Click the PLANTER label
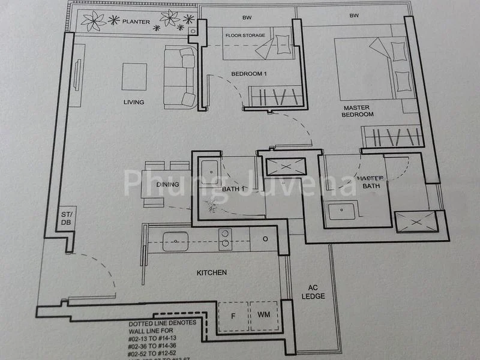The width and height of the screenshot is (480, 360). (x=136, y=22)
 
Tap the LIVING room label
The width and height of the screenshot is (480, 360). (x=134, y=102)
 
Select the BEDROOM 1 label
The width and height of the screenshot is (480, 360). (x=249, y=74)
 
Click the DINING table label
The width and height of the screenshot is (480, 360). (x=167, y=185)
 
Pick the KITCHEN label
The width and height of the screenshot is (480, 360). (x=212, y=273)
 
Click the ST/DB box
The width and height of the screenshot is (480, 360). (x=65, y=218)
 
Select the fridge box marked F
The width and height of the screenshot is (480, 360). (x=233, y=315)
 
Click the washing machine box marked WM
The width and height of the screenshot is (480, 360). (x=264, y=315)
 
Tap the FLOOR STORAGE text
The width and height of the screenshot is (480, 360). (x=245, y=35)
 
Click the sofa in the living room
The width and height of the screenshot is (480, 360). (x=180, y=77)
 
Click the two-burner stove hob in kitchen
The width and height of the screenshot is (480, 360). (x=225, y=239)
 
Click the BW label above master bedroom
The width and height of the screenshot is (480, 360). (x=354, y=16)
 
